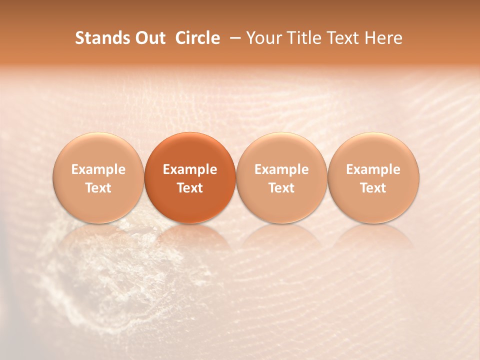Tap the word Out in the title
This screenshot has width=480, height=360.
point(149,38)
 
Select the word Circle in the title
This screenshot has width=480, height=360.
point(197,38)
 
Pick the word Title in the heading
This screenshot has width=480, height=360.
point(301,38)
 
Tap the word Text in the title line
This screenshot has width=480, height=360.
point(343,38)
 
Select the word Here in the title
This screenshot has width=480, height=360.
point(383,38)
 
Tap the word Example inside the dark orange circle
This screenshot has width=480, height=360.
point(190,169)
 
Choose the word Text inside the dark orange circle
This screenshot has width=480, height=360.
point(190,188)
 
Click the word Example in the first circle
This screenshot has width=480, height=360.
point(98,169)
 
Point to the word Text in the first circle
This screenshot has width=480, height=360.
point(98,188)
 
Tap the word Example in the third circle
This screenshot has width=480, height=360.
point(281,169)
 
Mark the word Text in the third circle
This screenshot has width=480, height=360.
point(281,188)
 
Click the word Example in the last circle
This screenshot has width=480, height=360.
point(373,169)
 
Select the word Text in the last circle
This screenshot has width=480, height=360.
point(373,188)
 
